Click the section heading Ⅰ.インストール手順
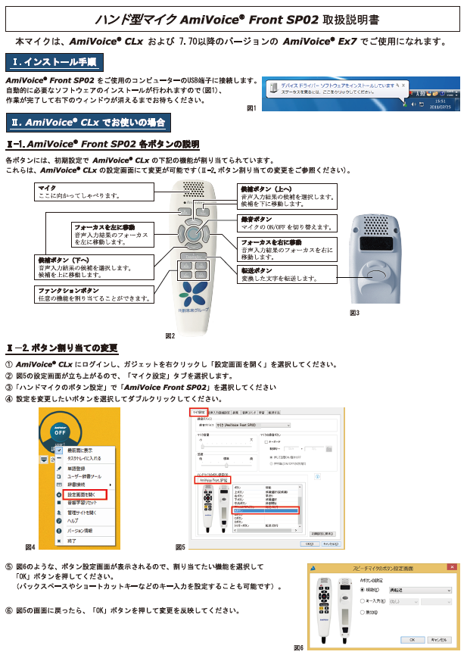[54, 61]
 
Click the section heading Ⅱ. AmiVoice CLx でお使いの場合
[88, 122]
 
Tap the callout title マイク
[47, 186]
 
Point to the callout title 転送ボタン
[257, 270]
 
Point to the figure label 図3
[354, 312]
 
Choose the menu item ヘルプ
[73, 520]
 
